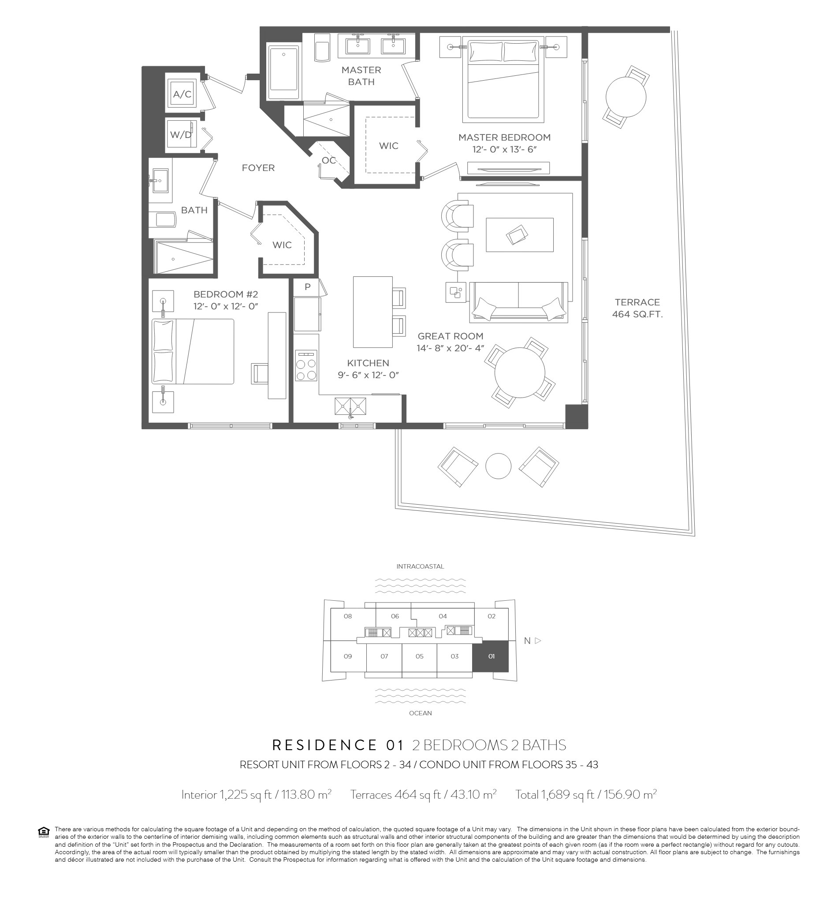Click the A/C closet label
pyautogui.click(x=182, y=94)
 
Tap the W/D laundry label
pyautogui.click(x=180, y=134)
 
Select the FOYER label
pyautogui.click(x=258, y=168)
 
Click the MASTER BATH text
pyautogui.click(x=361, y=76)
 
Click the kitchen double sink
pyautogui.click(x=350, y=406)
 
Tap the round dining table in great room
pyautogui.click(x=519, y=372)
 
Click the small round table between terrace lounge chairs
pyautogui.click(x=498, y=466)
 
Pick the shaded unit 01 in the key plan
pyautogui.click(x=490, y=656)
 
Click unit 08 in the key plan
pyautogui.click(x=348, y=616)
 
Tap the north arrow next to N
pyautogui.click(x=538, y=640)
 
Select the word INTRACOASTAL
pyautogui.click(x=420, y=566)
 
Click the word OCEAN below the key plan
pyautogui.click(x=420, y=713)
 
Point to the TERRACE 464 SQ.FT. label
pyautogui.click(x=637, y=308)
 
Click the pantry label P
pyautogui.click(x=307, y=286)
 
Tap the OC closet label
pyautogui.click(x=329, y=160)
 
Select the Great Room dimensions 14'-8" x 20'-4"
pyautogui.click(x=451, y=348)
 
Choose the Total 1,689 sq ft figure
pyautogui.click(x=586, y=794)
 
